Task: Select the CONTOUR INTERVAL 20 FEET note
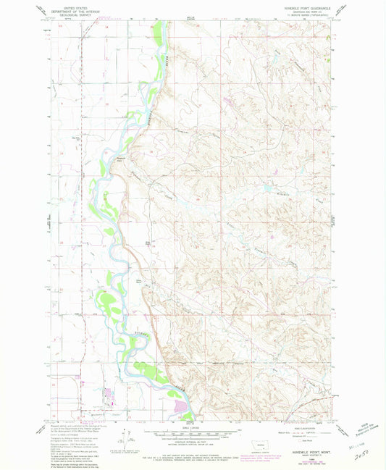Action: coord(193,442)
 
